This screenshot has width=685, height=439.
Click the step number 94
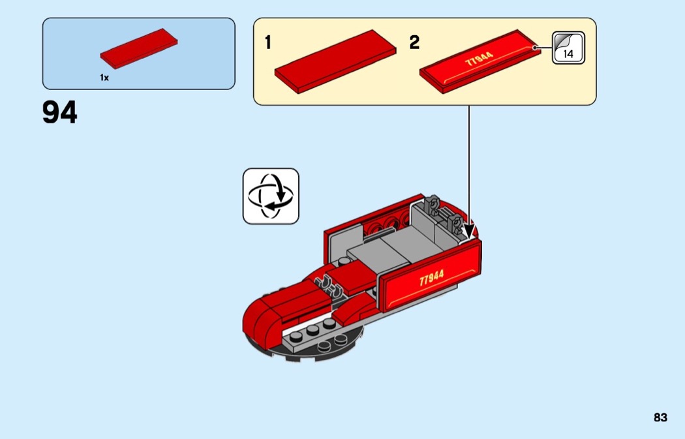[x=60, y=112]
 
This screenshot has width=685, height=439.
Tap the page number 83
[x=660, y=417]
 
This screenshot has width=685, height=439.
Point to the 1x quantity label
[x=104, y=78]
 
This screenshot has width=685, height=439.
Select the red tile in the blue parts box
[x=139, y=48]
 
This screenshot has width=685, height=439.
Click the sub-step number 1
[x=267, y=42]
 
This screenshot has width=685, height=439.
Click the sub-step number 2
[x=414, y=42]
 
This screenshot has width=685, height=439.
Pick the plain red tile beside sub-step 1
[x=335, y=61]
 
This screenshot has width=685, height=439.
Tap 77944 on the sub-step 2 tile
[x=479, y=59]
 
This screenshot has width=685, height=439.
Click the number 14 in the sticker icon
[x=568, y=54]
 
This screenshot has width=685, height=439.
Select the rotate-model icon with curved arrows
[x=271, y=196]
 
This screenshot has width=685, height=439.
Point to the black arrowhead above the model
[x=469, y=230]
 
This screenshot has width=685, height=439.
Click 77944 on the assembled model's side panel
[x=431, y=278]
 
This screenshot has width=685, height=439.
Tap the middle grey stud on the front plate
[x=312, y=331]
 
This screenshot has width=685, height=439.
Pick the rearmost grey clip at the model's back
[x=433, y=205]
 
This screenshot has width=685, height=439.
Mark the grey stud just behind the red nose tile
[x=344, y=262]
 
